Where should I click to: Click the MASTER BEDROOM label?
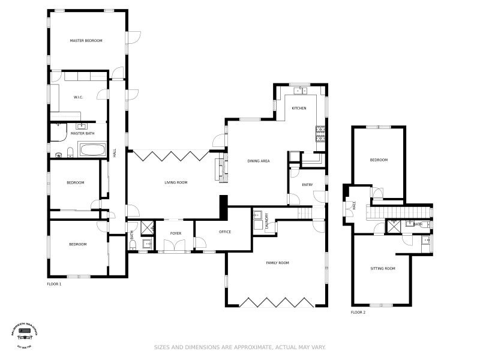pos(86,41)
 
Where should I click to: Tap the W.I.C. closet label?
pos(78,97)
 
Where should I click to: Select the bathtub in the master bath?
pos(92,149)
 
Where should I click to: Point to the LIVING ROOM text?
pos(176,182)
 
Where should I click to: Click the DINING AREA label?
pos(258,161)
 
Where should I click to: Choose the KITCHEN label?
pos(299,108)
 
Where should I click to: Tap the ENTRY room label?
pos(307,185)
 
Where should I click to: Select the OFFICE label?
pos(225,232)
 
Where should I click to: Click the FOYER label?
pos(176,233)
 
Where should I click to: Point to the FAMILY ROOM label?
pos(278,263)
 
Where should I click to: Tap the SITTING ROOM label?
pos(382,268)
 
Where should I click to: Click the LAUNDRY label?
pos(266,220)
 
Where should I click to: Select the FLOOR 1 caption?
pos(54,284)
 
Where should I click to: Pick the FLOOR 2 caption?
pos(358,313)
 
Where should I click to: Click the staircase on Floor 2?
pos(401,212)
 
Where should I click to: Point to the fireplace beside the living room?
pos(220,167)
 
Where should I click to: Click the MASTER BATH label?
pos(82,133)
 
